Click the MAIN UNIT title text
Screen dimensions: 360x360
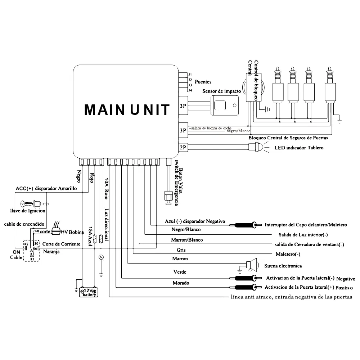click(x=127, y=109)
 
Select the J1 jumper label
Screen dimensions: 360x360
click(x=190, y=75)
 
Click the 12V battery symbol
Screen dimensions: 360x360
click(x=89, y=292)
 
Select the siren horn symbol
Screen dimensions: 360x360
click(x=252, y=265)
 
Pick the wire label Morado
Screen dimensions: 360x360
click(x=181, y=283)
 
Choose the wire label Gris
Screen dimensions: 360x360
click(x=181, y=249)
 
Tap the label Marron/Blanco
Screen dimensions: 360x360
click(x=186, y=240)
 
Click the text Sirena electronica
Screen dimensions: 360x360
click(x=283, y=266)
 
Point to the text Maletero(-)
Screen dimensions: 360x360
click(x=288, y=254)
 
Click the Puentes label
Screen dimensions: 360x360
click(x=203, y=82)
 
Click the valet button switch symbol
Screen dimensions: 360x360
click(x=167, y=197)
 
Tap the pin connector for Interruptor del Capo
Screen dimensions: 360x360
click(x=246, y=225)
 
